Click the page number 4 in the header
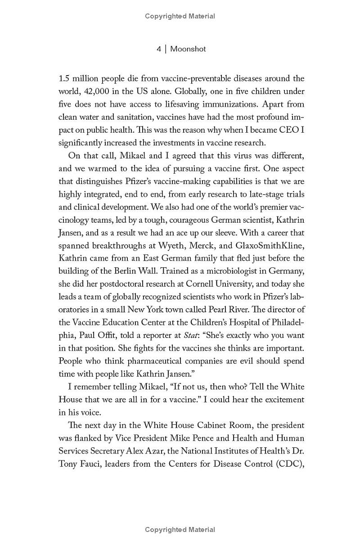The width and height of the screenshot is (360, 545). click(x=159, y=49)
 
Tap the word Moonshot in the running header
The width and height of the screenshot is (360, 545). click(x=189, y=49)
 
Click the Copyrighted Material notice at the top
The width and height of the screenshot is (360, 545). click(x=180, y=16)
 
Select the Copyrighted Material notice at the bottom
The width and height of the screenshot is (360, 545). click(x=180, y=530)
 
